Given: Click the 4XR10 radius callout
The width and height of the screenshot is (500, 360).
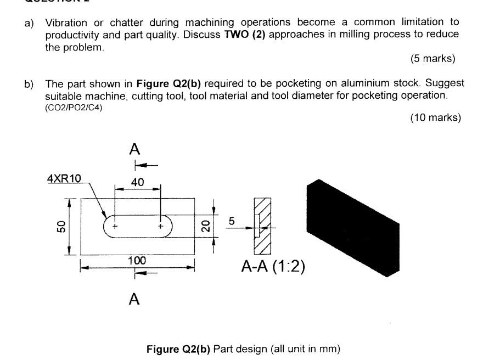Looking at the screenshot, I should point(64,178).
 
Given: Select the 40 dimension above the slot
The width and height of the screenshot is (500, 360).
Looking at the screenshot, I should point(137,182).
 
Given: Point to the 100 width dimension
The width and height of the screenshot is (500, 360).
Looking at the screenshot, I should point(137,261).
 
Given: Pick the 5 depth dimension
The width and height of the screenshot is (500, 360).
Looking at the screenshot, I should point(232,221).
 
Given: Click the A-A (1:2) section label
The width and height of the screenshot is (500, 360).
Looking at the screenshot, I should point(273,267).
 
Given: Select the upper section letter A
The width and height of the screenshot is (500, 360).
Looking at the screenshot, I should point(134,149).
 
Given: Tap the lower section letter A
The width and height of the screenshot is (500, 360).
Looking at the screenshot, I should point(134,299).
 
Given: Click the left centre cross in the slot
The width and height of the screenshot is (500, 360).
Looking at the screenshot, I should point(115,226).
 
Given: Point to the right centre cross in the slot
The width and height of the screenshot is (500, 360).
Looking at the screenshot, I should point(161,226).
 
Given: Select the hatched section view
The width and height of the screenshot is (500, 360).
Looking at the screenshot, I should point(262,226).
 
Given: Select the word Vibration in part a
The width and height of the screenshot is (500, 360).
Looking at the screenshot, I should point(65,22).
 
